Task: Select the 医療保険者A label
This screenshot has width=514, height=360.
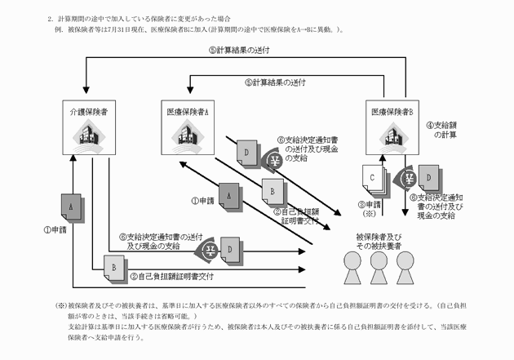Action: (189, 110)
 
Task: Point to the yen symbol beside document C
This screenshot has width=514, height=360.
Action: (405, 177)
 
